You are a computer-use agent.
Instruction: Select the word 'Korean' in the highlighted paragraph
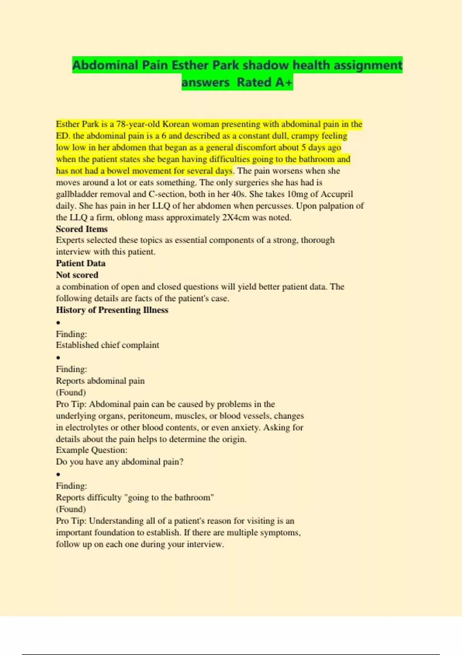pyautogui.click(x=176, y=124)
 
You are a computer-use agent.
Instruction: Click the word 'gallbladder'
pyautogui.click(x=77, y=194)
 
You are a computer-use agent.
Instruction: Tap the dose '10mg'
pyautogui.click(x=297, y=194)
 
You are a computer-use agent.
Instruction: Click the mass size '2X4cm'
pyautogui.click(x=236, y=217)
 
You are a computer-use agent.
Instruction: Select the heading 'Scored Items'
pyautogui.click(x=82, y=229)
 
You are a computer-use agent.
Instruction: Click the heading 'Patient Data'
pyautogui.click(x=80, y=263)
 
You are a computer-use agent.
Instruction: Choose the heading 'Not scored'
pyautogui.click(x=77, y=275)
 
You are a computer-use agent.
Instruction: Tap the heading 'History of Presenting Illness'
pyautogui.click(x=112, y=310)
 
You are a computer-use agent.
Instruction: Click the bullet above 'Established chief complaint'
pyautogui.click(x=58, y=322)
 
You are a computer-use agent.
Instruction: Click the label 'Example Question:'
pyautogui.click(x=92, y=450)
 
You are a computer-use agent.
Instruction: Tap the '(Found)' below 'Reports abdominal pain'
pyautogui.click(x=71, y=392)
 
